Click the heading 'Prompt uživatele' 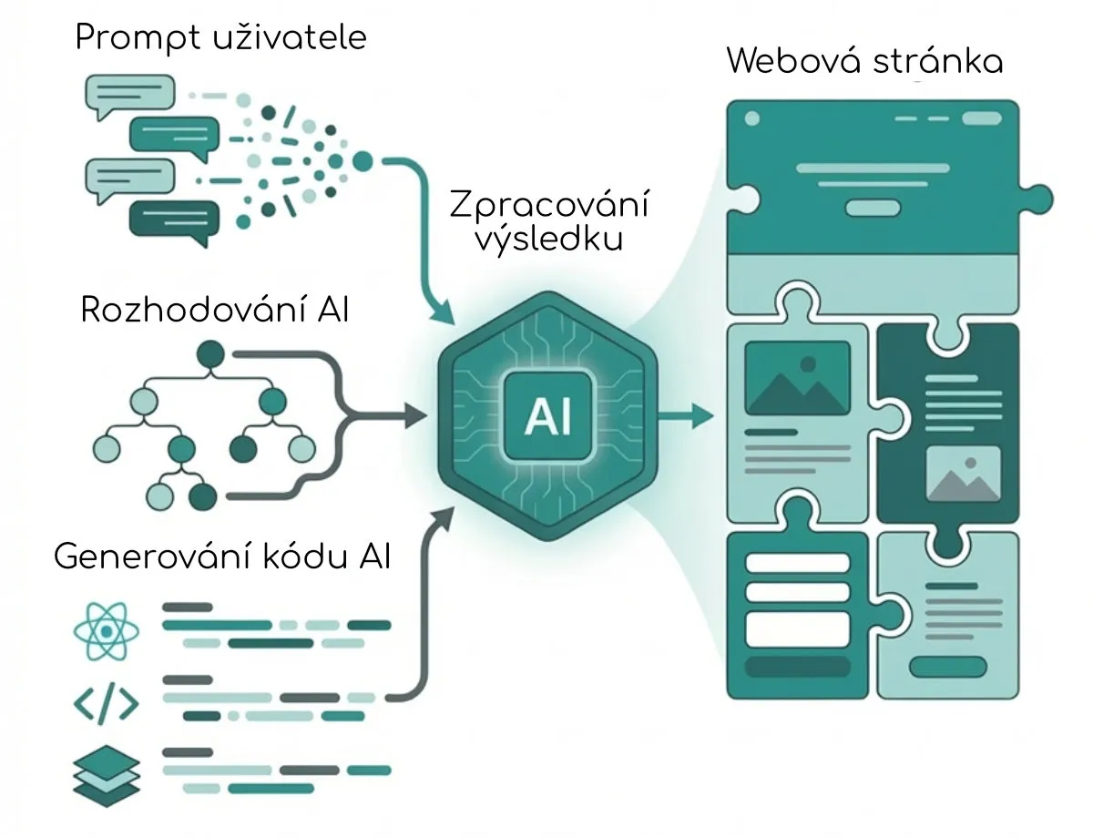point(221,38)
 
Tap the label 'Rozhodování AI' point(215,310)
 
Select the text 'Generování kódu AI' point(222,556)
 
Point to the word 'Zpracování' point(549,207)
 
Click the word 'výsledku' point(549,240)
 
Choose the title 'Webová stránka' point(864,61)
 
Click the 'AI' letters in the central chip point(548,418)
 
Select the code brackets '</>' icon point(106,702)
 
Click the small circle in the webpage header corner point(752,118)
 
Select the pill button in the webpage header point(873,208)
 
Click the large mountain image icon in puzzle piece point(797,378)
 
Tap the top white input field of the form point(797,562)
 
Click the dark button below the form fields point(797,667)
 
